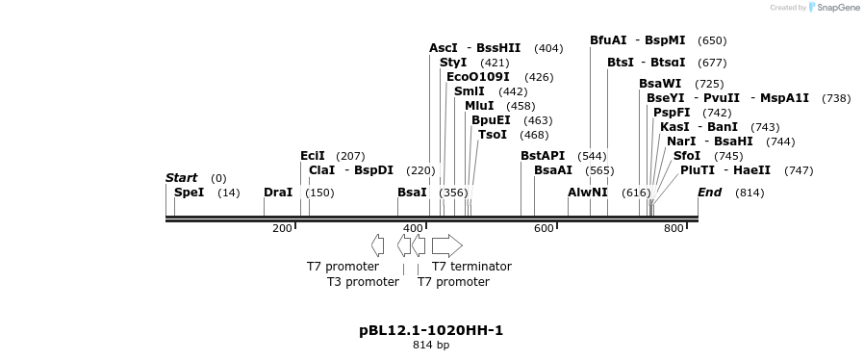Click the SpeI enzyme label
coord(189,193)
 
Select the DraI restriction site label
coord(277,193)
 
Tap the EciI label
coord(313,156)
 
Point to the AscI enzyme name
coord(444,48)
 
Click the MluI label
coord(479,106)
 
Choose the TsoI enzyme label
coord(493,135)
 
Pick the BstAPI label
coord(543,156)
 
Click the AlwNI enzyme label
coord(588,193)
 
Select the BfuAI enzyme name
coord(608,40)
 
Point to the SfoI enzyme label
coord(687,156)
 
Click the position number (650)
coord(712,40)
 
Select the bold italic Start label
coord(181,178)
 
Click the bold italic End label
coord(709,193)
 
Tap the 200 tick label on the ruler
coord(281,229)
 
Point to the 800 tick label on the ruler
coord(673,229)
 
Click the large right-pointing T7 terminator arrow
coord(446,245)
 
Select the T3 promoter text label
coord(363,282)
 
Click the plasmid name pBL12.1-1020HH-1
coord(431,331)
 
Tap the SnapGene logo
coord(833,8)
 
